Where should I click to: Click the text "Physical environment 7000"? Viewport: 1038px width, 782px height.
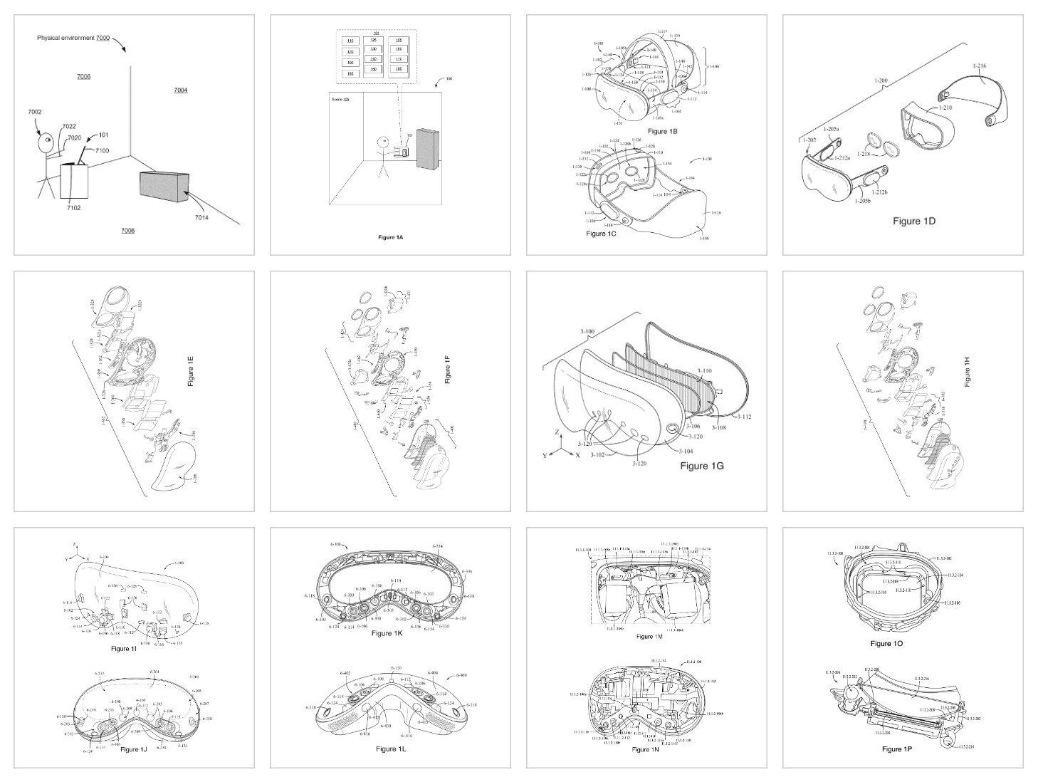[x=73, y=37]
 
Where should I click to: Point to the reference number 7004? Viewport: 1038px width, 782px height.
[x=180, y=90]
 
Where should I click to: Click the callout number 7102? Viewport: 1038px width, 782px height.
[x=74, y=208]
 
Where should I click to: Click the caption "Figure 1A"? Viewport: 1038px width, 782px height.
[x=390, y=236]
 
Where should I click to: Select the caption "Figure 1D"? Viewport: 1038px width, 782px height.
[x=913, y=221]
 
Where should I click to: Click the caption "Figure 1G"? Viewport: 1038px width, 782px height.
[x=701, y=466]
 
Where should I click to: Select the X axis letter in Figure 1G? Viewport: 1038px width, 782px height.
[x=577, y=454]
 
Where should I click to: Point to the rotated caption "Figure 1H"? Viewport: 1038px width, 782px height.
[x=966, y=371]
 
